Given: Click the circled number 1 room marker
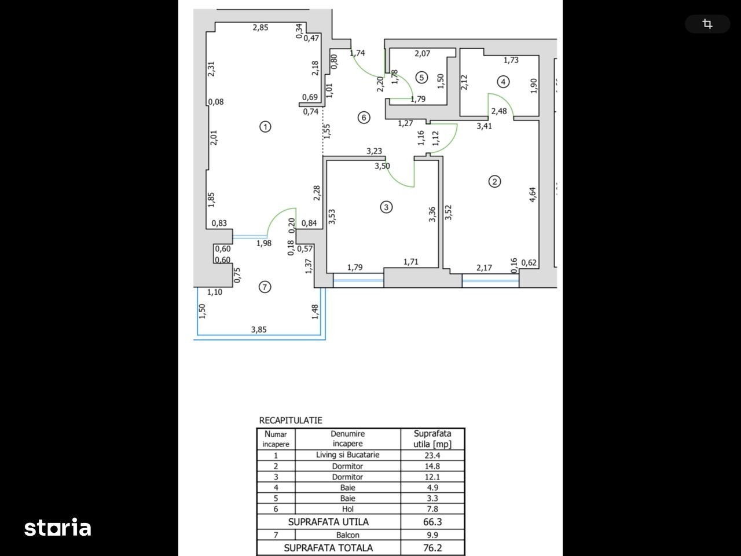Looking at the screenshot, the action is (265, 127).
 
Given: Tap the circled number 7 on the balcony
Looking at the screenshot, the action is (265, 287).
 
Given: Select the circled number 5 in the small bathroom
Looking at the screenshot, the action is (421, 78).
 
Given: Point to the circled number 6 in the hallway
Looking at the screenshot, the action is (364, 118).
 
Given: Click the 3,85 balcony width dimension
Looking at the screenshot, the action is (259, 330).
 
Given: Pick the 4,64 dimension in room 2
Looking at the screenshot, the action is (533, 195).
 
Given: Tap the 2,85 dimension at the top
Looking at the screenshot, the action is (261, 27).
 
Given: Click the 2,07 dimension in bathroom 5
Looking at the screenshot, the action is (423, 53).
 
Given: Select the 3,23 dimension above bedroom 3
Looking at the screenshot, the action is (375, 151).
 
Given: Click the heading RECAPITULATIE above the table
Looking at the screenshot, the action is (291, 420).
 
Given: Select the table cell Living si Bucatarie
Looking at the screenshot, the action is (348, 455).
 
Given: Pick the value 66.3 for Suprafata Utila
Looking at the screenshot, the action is (432, 522).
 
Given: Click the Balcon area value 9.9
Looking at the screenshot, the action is (432, 535).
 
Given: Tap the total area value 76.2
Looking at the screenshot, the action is (432, 548).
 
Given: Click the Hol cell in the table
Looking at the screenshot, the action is (348, 509).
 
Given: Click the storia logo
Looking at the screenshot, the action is (58, 527).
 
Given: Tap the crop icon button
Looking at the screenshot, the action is (707, 24).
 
